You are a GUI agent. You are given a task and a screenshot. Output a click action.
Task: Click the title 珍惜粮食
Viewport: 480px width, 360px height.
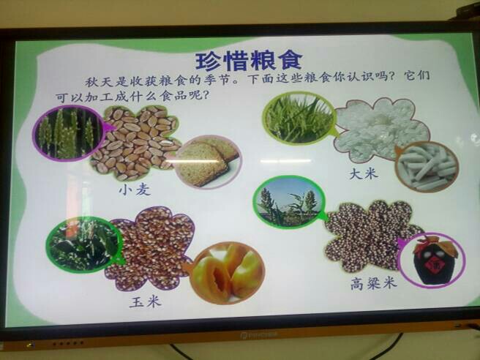point(249,61)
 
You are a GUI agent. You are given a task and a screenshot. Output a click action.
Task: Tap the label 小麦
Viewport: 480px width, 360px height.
point(135,190)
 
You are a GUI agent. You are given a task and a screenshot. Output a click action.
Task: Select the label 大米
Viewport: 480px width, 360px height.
point(364,174)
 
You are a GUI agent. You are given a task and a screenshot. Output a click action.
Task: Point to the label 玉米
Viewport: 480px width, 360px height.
point(145,302)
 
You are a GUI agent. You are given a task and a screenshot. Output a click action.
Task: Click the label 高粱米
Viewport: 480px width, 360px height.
point(373,283)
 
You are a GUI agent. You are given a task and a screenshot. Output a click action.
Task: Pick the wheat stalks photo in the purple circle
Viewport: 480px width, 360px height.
point(68,133)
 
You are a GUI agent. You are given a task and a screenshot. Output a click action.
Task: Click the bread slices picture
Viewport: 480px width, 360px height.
point(208,162)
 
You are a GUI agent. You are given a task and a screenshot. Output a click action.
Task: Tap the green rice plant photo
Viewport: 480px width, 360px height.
point(299,118)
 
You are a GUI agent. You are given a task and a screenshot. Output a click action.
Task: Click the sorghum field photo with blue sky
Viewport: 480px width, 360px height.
point(289,202)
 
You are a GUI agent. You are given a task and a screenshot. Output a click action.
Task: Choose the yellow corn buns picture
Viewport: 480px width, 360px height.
point(227,273)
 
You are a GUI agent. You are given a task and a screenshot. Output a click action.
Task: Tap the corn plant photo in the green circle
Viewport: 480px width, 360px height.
point(84,244)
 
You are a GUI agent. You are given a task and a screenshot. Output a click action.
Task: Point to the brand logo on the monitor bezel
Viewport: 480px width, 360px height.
point(259,335)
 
